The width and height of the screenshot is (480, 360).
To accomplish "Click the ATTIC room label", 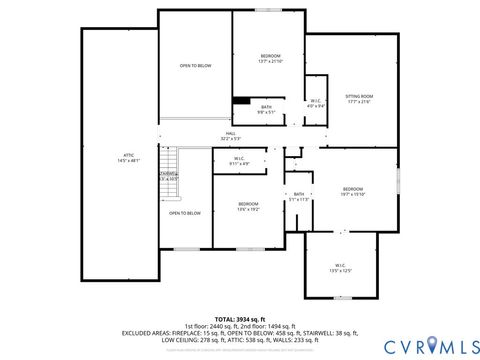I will [x=128, y=157].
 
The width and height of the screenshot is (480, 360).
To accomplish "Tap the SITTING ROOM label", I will [x=358, y=98].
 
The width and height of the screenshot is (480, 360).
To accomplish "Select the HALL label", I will [x=229, y=139].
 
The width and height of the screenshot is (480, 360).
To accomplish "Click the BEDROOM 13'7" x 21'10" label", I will [x=270, y=58].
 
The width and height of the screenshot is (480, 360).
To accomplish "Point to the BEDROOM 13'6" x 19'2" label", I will [x=248, y=206].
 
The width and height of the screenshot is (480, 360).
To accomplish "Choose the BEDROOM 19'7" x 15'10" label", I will [x=352, y=191].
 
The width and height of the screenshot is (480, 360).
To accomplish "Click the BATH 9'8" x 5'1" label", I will [x=266, y=109].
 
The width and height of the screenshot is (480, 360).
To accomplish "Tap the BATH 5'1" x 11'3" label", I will [x=298, y=196].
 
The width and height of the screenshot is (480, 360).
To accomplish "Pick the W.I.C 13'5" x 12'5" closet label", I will [x=341, y=268].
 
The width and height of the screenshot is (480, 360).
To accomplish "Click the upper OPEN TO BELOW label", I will [x=195, y=66].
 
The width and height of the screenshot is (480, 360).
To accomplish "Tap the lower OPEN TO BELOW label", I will [x=184, y=213].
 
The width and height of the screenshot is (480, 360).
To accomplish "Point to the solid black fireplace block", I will [x=241, y=99].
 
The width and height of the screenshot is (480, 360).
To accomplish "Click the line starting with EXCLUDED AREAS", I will [x=240, y=332].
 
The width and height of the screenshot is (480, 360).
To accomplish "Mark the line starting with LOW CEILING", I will [x=240, y=338].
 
